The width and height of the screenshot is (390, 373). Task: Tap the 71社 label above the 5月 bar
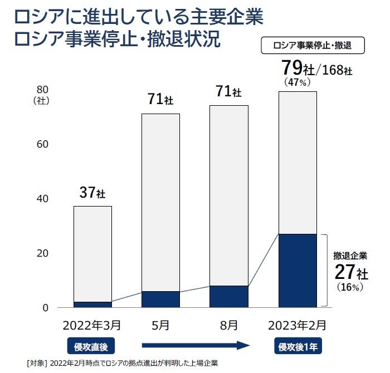point(160,100)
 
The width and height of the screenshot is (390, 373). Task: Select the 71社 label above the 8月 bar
point(229,91)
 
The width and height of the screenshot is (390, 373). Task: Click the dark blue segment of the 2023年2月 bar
point(298,270)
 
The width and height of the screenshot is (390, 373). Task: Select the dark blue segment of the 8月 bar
point(229,296)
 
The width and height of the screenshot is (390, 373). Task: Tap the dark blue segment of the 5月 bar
point(160,299)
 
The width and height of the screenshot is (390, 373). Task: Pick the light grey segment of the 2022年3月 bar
point(92,253)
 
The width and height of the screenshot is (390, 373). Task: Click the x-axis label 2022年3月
point(92,323)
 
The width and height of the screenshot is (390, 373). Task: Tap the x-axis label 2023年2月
point(298,323)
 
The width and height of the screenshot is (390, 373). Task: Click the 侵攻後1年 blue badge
point(298,346)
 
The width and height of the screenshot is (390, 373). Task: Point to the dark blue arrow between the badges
point(195,346)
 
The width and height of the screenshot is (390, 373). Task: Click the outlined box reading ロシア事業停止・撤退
point(313,45)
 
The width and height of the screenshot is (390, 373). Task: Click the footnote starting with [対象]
point(123,363)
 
